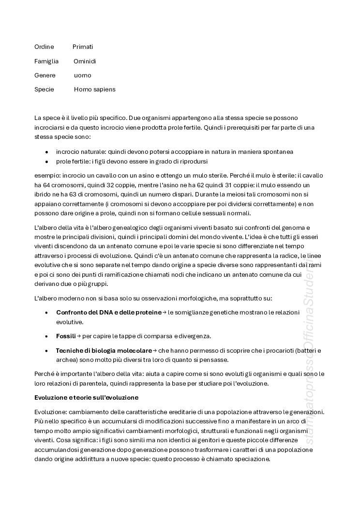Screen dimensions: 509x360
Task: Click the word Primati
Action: click(x=83, y=47)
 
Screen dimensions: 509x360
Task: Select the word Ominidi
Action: click(x=85, y=61)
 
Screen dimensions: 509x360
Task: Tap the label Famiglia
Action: click(x=46, y=61)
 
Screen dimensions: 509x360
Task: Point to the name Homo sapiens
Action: click(x=95, y=90)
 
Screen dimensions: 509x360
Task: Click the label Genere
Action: click(x=45, y=75)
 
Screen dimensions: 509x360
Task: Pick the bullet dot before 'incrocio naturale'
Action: click(x=46, y=152)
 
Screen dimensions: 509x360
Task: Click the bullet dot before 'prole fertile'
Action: click(x=46, y=162)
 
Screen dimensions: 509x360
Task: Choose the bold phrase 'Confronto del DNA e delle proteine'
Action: click(x=108, y=313)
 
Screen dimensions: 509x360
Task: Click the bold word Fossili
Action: click(x=66, y=336)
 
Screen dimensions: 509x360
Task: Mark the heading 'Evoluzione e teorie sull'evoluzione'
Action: click(x=86, y=398)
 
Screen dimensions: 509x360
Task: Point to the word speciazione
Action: click(x=250, y=459)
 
